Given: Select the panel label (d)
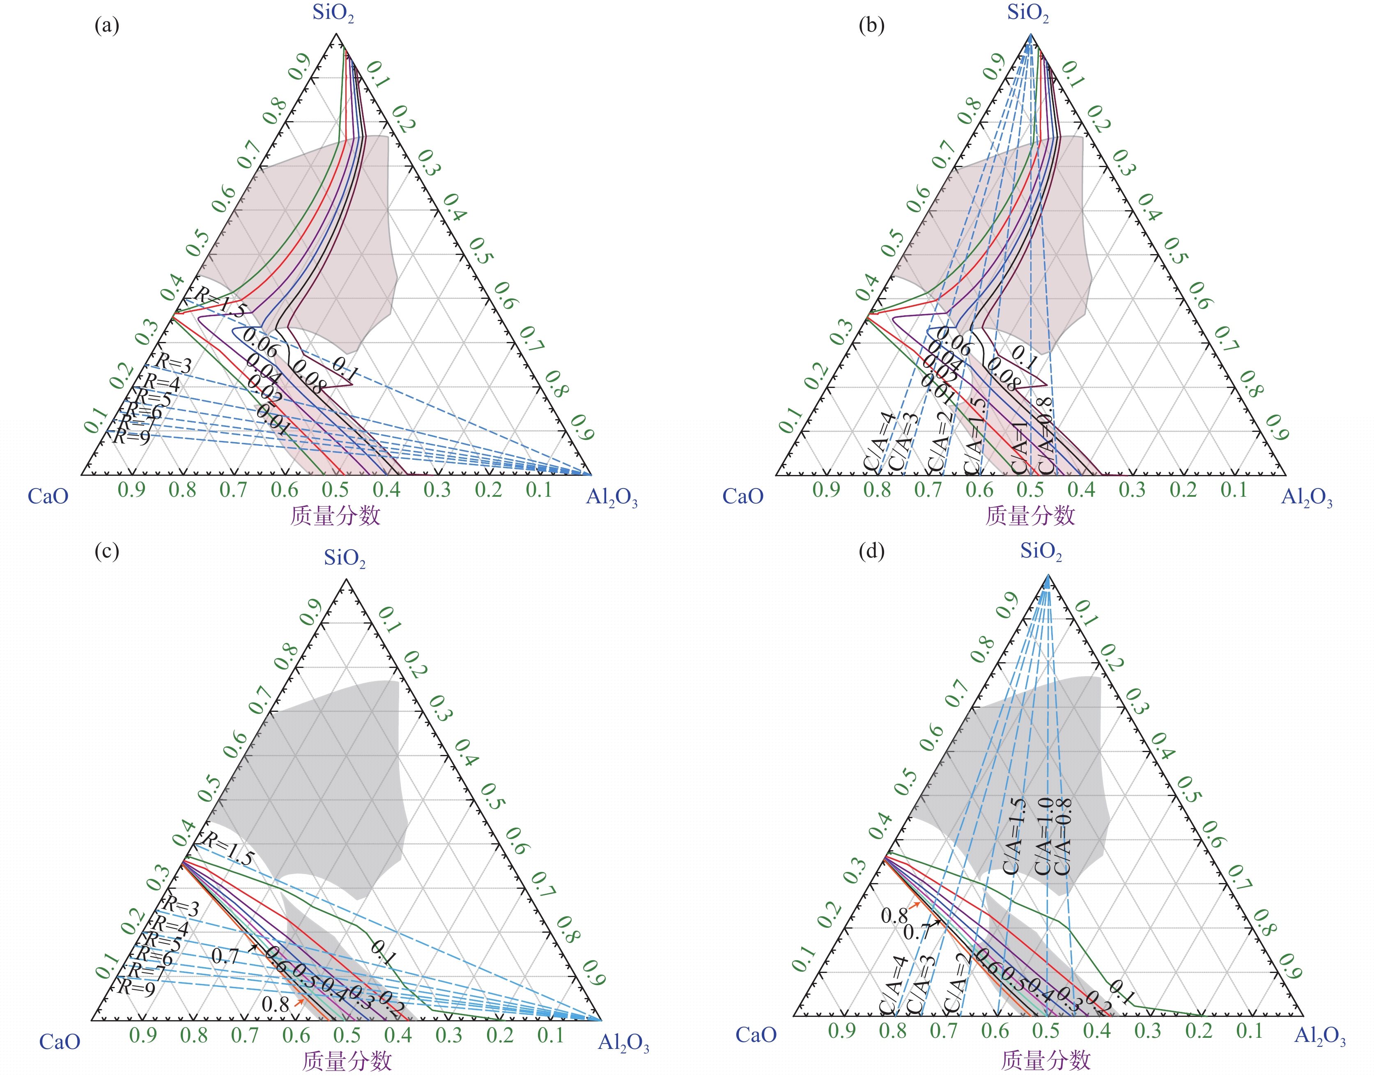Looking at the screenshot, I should (x=871, y=551).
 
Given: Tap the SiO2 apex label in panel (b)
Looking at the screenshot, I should (x=1027, y=13).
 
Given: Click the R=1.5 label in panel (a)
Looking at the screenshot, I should (x=218, y=303).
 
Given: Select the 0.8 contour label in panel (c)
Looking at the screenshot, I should (x=275, y=1004).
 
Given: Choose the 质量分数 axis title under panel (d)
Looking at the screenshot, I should (x=1045, y=1060).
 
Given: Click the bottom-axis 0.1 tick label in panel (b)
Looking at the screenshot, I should (x=1234, y=489).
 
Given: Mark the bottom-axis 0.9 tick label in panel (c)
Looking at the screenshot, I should (x=142, y=1035).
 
